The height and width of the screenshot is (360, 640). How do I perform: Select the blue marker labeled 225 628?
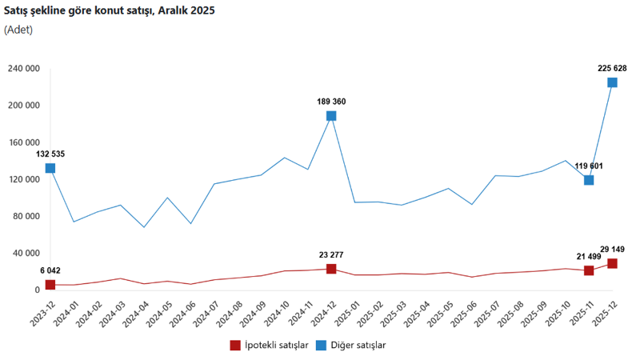point(612,82)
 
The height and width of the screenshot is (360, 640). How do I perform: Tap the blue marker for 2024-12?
point(331,116)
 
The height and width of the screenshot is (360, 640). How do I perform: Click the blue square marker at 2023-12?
point(50,168)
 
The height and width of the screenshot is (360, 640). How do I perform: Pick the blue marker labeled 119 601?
point(589,180)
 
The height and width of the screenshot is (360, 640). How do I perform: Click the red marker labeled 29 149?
point(612,263)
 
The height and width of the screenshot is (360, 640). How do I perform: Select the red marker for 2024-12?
point(331,269)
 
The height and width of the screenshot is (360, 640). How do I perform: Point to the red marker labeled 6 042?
point(50,285)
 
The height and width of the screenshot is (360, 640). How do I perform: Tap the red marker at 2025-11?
point(589,270)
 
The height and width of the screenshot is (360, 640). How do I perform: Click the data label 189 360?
point(331,102)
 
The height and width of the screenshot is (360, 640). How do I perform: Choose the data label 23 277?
point(331,255)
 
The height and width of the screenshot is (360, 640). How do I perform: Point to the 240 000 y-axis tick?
point(24,69)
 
